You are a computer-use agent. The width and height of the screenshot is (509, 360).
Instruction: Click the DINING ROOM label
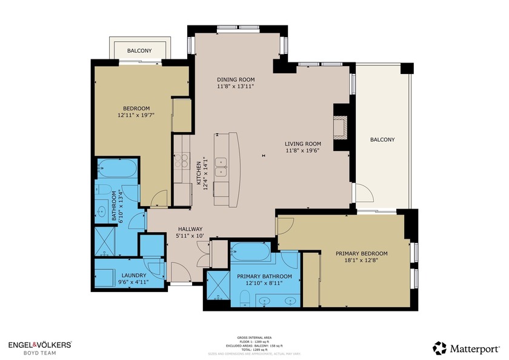click(236, 79)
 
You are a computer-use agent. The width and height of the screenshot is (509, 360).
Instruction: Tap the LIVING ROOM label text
click(303, 144)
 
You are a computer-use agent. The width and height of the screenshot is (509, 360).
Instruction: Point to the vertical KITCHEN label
click(198, 173)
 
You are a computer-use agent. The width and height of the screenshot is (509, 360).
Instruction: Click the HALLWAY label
click(190, 228)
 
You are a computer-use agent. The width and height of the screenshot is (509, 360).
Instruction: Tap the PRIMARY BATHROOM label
click(264, 276)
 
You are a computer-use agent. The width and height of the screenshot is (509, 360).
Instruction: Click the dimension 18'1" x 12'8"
click(362, 261)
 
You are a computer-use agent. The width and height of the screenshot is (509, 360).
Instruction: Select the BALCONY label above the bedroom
click(139, 51)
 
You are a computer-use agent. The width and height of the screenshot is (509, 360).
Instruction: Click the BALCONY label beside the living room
click(382, 139)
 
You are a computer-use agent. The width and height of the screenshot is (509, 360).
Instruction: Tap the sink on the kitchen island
click(222, 162)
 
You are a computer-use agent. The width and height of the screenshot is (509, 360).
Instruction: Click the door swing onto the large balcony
click(364, 193)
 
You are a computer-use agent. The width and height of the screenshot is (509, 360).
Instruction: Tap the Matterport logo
click(466, 348)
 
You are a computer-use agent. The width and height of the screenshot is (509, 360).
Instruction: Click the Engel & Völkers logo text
click(39, 344)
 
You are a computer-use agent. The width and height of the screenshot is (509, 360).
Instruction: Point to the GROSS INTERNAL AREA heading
click(254, 338)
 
